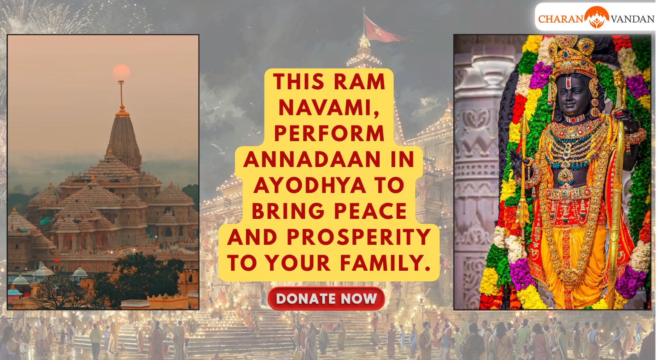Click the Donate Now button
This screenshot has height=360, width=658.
326,298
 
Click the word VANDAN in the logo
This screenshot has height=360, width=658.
633,19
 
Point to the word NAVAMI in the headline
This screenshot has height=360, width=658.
329,108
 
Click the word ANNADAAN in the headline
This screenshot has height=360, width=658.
312,160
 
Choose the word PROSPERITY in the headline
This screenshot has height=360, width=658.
359,237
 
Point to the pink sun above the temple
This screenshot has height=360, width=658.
121,72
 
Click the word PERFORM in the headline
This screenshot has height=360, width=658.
329,134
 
